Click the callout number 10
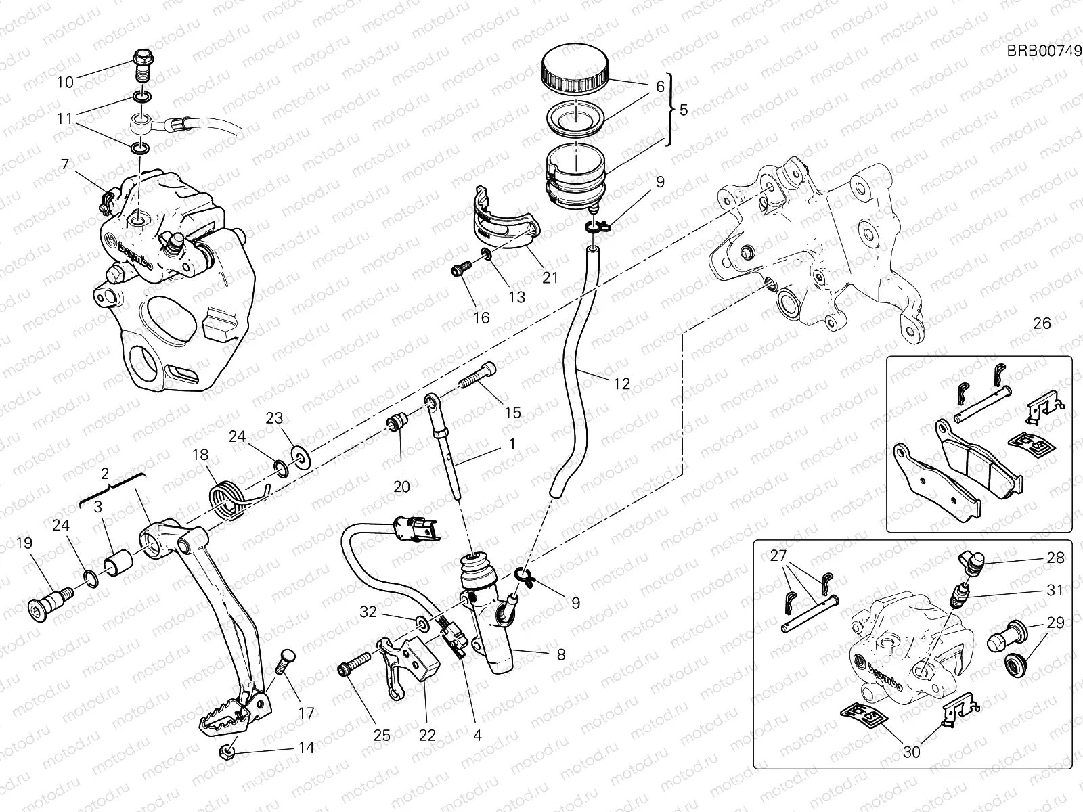click(x=65, y=83)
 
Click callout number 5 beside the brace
click(x=683, y=109)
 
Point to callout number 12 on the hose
click(x=621, y=384)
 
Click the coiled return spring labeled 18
click(x=227, y=501)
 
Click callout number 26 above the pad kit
click(x=1042, y=323)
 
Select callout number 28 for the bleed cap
click(x=1055, y=558)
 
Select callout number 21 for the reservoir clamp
click(x=550, y=277)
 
